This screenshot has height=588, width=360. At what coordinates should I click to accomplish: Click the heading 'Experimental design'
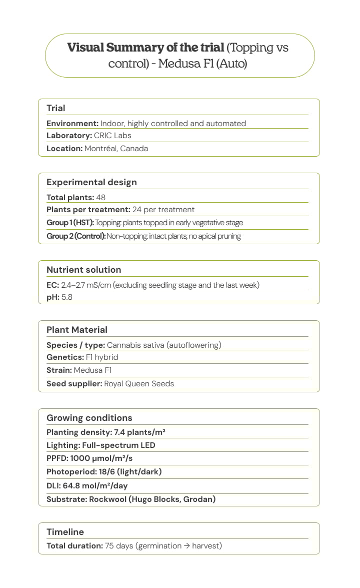click(x=91, y=182)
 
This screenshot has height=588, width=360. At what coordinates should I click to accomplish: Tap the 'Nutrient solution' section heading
click(x=83, y=270)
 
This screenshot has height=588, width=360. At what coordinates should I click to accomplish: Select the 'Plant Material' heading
click(x=77, y=330)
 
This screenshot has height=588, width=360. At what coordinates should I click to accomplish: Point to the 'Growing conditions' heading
click(x=89, y=418)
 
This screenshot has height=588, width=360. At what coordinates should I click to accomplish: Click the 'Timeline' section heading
click(x=65, y=532)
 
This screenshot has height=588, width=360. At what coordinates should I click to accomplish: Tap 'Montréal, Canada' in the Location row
click(x=116, y=149)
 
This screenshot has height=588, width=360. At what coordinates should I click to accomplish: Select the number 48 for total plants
click(x=100, y=198)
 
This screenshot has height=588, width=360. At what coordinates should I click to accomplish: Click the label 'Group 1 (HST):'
click(x=70, y=223)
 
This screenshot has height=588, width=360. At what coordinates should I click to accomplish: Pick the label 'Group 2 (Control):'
click(x=76, y=236)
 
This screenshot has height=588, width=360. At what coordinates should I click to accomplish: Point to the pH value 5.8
click(x=67, y=297)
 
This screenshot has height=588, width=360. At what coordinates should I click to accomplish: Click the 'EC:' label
click(x=52, y=285)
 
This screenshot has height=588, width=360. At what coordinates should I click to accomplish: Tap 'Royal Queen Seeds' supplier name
click(x=139, y=384)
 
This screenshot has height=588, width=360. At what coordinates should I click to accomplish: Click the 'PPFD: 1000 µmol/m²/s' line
click(x=89, y=458)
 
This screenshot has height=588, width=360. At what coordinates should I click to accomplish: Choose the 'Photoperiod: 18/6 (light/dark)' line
click(x=104, y=472)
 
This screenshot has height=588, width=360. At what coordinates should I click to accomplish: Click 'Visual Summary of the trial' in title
click(x=145, y=48)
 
